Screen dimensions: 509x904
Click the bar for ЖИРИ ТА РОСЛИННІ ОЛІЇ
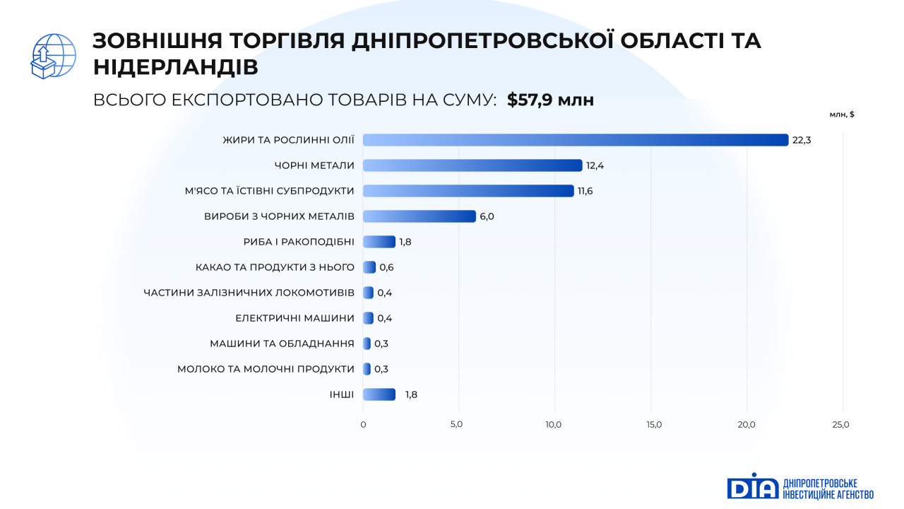click(575, 140)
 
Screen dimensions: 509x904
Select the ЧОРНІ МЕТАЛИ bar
click(472, 165)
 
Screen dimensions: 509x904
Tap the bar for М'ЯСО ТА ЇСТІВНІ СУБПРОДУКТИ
click(468, 191)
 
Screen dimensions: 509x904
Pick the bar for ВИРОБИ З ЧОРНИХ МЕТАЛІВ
click(420, 216)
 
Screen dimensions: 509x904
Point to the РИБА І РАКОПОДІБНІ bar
click(379, 242)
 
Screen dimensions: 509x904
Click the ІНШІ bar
click(379, 394)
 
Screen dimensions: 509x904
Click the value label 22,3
click(802, 140)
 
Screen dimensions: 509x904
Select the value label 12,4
click(595, 165)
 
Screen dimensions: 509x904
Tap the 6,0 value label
click(487, 216)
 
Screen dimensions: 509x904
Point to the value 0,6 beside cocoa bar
click(386, 267)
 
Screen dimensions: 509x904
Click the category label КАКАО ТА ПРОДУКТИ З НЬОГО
click(275, 267)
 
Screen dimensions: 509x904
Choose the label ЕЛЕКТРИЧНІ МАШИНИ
click(295, 318)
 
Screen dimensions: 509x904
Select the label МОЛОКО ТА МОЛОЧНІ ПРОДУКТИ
click(266, 369)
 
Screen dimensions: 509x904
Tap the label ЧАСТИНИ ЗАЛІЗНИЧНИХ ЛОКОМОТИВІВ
click(249, 293)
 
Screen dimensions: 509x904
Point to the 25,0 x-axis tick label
click(841, 425)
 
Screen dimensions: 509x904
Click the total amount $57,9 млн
click(550, 100)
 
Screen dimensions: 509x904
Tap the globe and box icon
click(54, 56)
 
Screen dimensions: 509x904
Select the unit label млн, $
click(842, 115)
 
